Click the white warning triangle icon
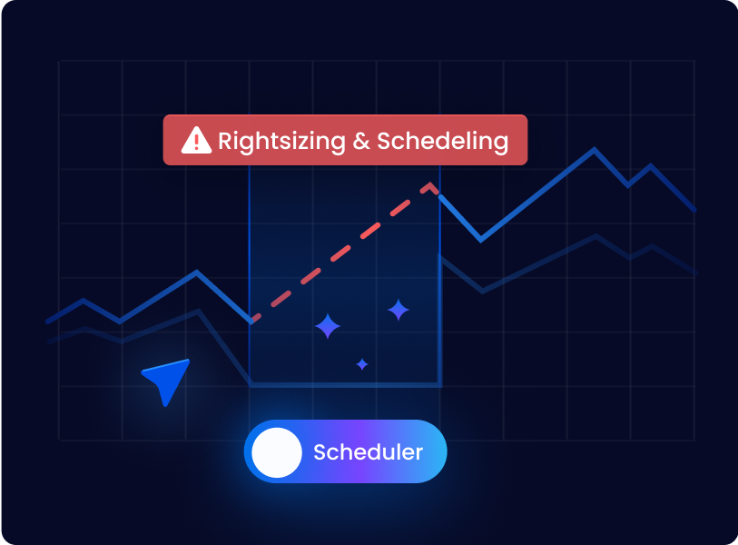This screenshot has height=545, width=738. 196,141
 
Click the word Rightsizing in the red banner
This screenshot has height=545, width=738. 281,142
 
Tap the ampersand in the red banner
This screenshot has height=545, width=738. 361,141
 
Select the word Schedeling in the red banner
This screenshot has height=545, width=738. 443,142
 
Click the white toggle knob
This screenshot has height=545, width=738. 277,452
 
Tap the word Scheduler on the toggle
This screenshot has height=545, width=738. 368,452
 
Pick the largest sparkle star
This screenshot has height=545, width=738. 328,326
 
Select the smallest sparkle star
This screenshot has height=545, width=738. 362,364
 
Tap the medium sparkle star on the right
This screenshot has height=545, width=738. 399,310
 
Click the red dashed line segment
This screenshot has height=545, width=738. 340,253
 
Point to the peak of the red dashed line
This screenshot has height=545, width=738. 429,184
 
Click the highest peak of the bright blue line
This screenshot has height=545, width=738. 594,150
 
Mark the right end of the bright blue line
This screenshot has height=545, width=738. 695,210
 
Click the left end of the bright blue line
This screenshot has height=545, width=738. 47,322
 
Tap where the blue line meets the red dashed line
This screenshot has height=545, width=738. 252,321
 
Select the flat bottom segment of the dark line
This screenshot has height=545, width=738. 346,385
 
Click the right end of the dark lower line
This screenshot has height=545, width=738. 696,272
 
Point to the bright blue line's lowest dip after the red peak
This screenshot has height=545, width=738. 480,240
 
